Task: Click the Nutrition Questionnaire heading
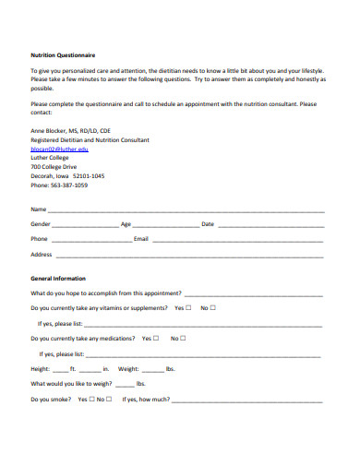(64, 54)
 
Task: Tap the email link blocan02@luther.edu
(59, 149)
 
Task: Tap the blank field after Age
(165, 225)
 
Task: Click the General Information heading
(57, 278)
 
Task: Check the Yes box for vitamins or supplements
(188, 308)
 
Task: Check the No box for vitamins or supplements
(214, 308)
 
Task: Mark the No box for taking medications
(184, 339)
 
